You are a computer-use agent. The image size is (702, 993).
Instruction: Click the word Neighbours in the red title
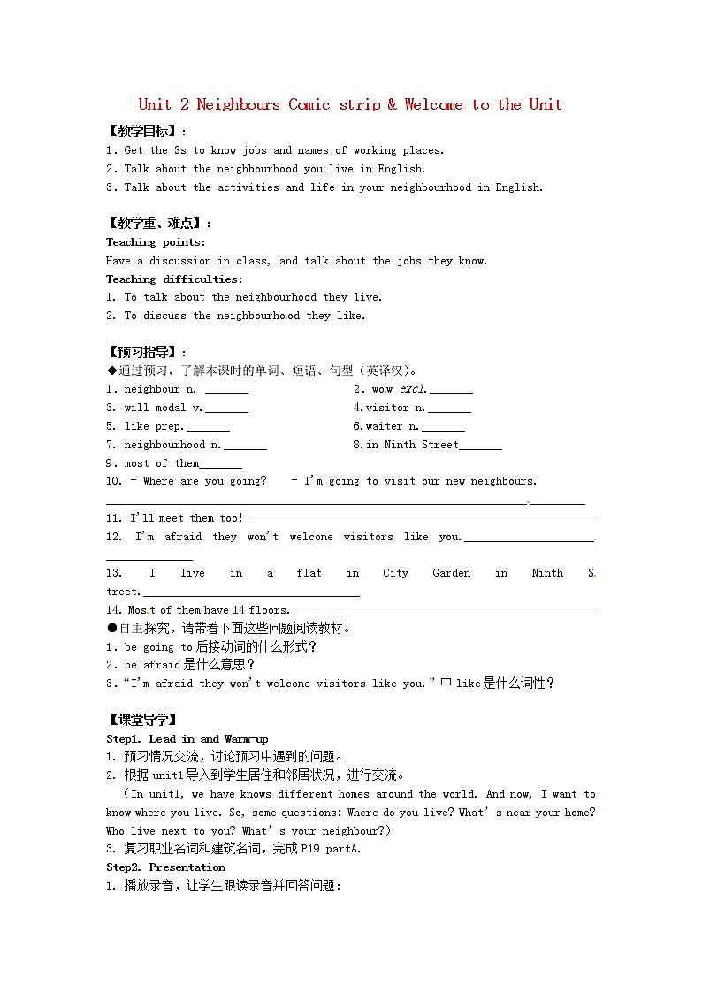point(238,104)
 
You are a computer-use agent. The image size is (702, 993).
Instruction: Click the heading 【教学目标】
point(141,131)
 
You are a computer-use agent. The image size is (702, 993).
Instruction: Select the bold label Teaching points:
point(156,242)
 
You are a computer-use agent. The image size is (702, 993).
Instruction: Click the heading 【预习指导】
point(141,352)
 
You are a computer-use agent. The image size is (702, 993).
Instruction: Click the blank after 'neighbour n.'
point(226,390)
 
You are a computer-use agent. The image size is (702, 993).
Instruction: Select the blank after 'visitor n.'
point(449,409)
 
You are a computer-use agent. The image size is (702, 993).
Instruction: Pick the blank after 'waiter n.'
point(443,427)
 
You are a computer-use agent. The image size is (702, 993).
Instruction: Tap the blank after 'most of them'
point(220,464)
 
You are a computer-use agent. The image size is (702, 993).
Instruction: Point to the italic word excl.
point(413,389)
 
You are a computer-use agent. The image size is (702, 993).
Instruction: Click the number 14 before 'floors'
point(238,610)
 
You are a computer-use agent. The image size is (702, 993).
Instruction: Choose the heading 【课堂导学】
point(141,720)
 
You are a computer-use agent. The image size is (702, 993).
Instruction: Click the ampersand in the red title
point(392,104)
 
